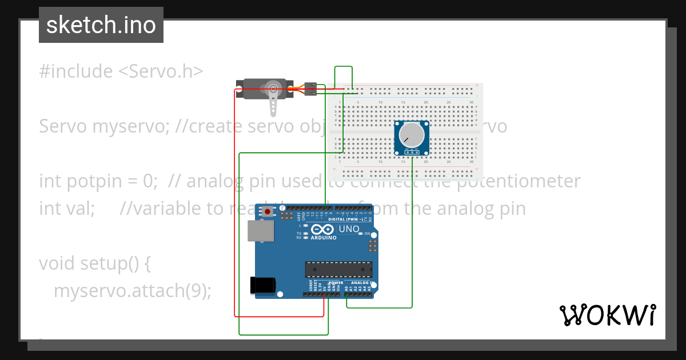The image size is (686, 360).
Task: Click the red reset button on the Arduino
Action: pyautogui.click(x=268, y=212)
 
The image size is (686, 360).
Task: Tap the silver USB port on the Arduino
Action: pyautogui.click(x=260, y=231)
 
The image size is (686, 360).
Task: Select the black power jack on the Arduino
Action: pyautogui.click(x=263, y=285)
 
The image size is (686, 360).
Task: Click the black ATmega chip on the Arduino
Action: pyautogui.click(x=338, y=269)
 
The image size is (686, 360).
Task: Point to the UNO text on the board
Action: pyautogui.click(x=349, y=229)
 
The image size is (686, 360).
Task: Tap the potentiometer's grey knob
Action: pyautogui.click(x=412, y=136)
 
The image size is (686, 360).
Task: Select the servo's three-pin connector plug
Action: pyautogui.click(x=309, y=89)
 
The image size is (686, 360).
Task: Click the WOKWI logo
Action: pyautogui.click(x=608, y=315)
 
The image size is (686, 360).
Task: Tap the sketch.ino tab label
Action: pyautogui.click(x=101, y=25)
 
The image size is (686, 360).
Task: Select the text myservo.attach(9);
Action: pyautogui.click(x=133, y=291)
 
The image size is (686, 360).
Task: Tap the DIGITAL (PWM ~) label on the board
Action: pyautogui.click(x=349, y=219)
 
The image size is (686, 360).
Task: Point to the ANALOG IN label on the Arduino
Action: pyautogui.click(x=361, y=283)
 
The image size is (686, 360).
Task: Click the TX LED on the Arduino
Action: pyautogui.click(x=306, y=234)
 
